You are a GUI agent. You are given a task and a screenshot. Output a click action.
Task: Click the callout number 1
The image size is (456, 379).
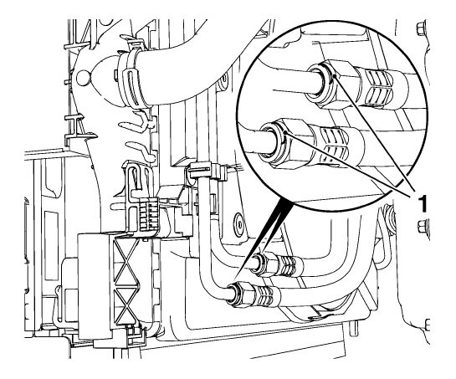422,203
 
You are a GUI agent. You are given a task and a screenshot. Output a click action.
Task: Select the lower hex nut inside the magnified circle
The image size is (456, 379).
294,143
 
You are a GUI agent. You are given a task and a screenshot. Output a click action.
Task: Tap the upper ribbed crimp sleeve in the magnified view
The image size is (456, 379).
378,87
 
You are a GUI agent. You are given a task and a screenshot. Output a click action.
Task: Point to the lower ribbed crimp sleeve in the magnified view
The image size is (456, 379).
335,146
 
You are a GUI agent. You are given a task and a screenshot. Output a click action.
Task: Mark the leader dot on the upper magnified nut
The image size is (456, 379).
336,76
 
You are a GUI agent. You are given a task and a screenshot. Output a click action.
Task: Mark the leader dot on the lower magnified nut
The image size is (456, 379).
286,133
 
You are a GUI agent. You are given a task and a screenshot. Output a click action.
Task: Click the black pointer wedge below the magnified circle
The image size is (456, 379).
269,225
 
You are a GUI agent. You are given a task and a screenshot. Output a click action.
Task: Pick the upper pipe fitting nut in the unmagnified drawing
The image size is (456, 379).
269,264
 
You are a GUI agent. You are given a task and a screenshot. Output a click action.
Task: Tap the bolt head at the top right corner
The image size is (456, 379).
421,29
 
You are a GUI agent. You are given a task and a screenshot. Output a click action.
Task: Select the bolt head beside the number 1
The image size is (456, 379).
423,226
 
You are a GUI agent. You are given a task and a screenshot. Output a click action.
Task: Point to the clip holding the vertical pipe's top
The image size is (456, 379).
207,172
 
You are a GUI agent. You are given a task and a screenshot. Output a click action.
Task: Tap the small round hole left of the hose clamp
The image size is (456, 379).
82,77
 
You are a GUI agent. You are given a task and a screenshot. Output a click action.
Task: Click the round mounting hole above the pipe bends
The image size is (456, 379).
239,224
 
